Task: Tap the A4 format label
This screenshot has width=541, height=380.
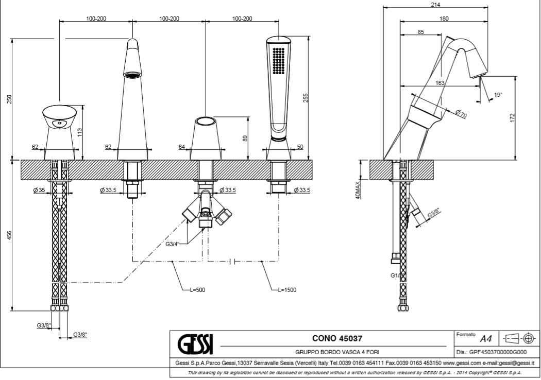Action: [485, 338]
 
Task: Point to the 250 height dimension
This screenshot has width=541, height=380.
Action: [8, 99]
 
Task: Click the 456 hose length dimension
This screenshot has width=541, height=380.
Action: [8, 235]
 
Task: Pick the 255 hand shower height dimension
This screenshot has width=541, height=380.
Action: [306, 98]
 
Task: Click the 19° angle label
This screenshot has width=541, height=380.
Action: [498, 95]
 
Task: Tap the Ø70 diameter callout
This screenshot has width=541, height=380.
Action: [461, 114]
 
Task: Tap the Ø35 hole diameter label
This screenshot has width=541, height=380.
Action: [39, 191]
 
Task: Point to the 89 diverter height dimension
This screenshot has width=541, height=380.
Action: [245, 137]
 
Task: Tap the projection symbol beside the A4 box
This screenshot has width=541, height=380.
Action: [521, 338]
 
